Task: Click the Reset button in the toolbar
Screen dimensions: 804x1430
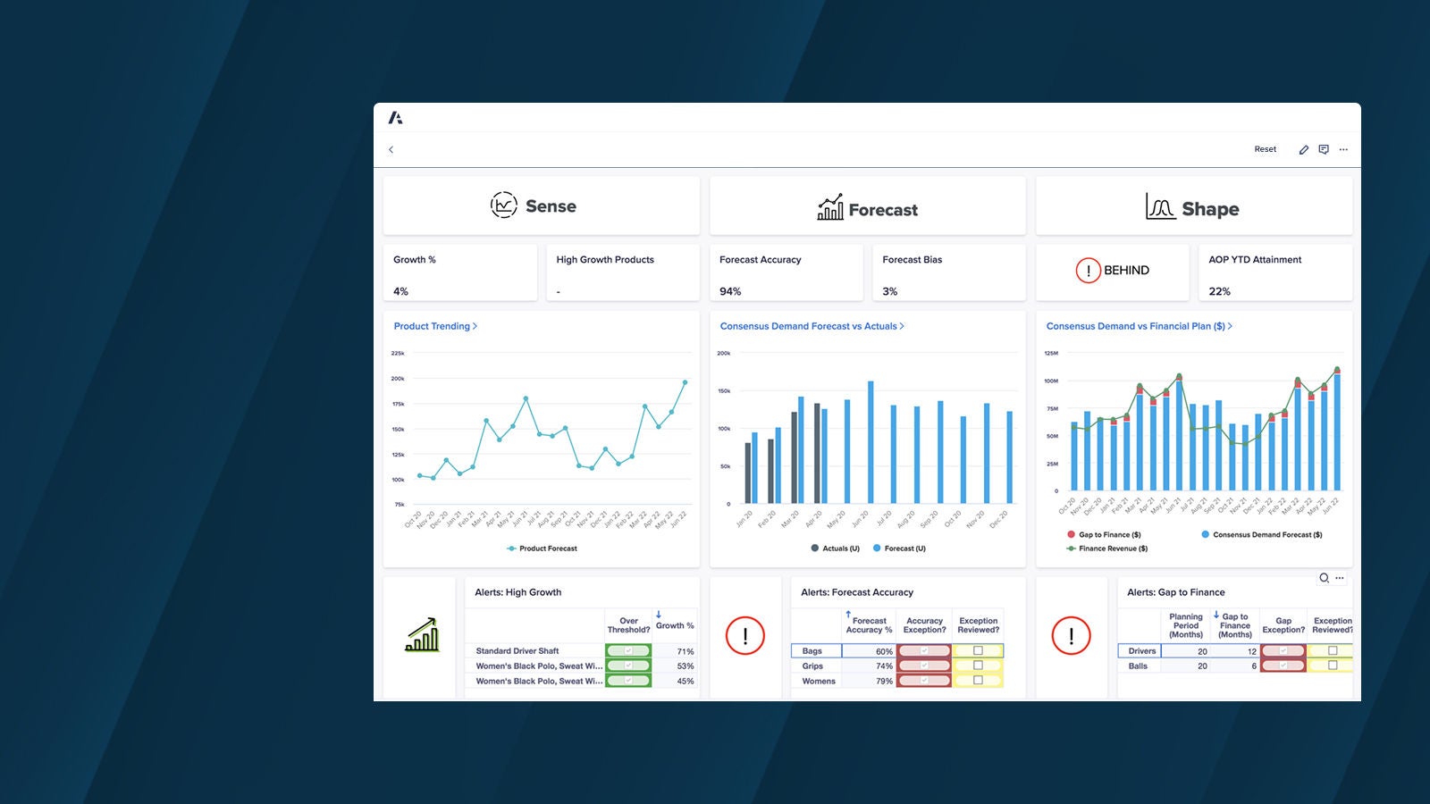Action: (x=1265, y=149)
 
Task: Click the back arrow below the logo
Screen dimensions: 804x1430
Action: (x=391, y=149)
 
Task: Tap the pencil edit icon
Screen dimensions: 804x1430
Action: (x=1304, y=150)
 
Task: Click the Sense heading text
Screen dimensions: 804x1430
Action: (x=551, y=206)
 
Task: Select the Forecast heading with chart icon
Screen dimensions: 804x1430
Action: (x=868, y=209)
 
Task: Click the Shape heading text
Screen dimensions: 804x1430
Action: (x=1210, y=209)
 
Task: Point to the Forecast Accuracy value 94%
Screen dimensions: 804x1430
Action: (x=730, y=291)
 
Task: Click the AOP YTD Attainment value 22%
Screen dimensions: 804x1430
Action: (x=1219, y=291)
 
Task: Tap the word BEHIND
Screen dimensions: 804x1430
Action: (x=1126, y=270)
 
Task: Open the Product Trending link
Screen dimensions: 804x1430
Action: (x=435, y=326)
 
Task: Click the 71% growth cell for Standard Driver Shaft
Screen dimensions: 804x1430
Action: (x=685, y=651)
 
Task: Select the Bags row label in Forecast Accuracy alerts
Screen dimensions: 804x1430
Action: (x=812, y=651)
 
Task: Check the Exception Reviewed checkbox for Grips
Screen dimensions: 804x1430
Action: (x=978, y=666)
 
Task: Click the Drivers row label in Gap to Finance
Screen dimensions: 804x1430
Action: (x=1141, y=651)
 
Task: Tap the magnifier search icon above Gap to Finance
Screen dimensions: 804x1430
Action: (x=1324, y=578)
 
